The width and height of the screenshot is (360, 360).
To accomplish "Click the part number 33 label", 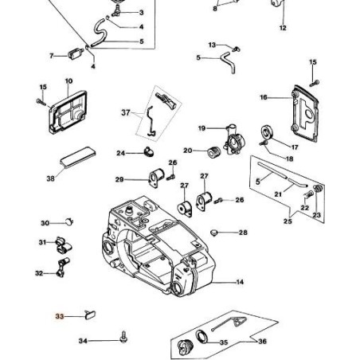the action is pos(60,316).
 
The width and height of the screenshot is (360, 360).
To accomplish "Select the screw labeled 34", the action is pos(123,337).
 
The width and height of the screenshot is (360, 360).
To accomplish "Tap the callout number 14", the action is pos(240,282).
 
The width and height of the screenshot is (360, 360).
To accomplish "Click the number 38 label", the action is pos(51,178).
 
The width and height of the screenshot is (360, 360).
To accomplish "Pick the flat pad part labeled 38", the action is pos(78,158).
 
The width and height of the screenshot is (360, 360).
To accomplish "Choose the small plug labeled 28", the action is pos(214,233).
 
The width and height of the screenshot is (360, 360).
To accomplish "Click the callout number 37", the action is pos(126,112).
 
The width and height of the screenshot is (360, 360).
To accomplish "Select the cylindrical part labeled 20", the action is pos(214,152).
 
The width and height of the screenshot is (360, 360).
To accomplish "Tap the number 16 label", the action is pos(264,97).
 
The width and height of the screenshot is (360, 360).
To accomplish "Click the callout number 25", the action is pos(288,221).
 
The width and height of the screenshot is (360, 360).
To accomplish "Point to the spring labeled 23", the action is pos(318,189).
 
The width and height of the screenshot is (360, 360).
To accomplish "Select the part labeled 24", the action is pos(149,151).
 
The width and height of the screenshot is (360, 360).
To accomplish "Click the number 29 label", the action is pos(119,179).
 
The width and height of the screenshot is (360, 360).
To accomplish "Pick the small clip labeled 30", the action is pos(69,221).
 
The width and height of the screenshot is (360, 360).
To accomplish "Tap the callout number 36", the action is pos(262,341).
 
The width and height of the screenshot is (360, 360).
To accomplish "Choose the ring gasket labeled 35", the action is pos(203,337).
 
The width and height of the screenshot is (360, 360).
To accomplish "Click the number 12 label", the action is pos(283,28).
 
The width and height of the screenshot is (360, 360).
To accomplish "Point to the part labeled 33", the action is pos(90,315).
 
